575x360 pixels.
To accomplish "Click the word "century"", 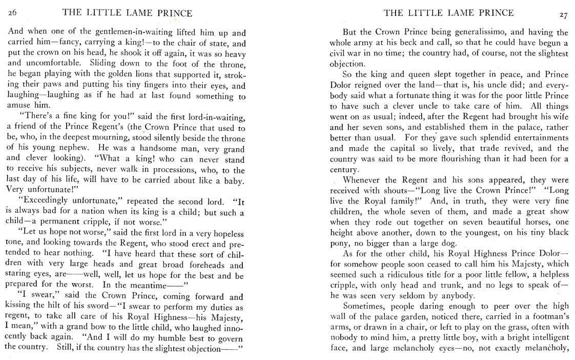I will [x=343, y=170].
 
